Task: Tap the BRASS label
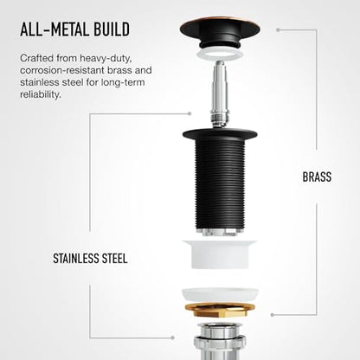[x=317, y=177]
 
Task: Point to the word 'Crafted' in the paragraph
[x=37, y=58]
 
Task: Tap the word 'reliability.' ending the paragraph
[x=41, y=94]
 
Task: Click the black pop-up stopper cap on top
[x=220, y=32]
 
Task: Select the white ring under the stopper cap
[x=220, y=55]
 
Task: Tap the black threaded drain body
[x=220, y=184]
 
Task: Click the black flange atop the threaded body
[x=220, y=134]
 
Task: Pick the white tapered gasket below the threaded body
[x=220, y=254]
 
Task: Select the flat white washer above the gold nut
[x=220, y=295]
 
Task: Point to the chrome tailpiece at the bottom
[x=220, y=341]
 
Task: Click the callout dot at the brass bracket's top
[x=278, y=29]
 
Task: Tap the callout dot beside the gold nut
[x=272, y=315]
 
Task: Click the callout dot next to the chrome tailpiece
[x=172, y=337]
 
